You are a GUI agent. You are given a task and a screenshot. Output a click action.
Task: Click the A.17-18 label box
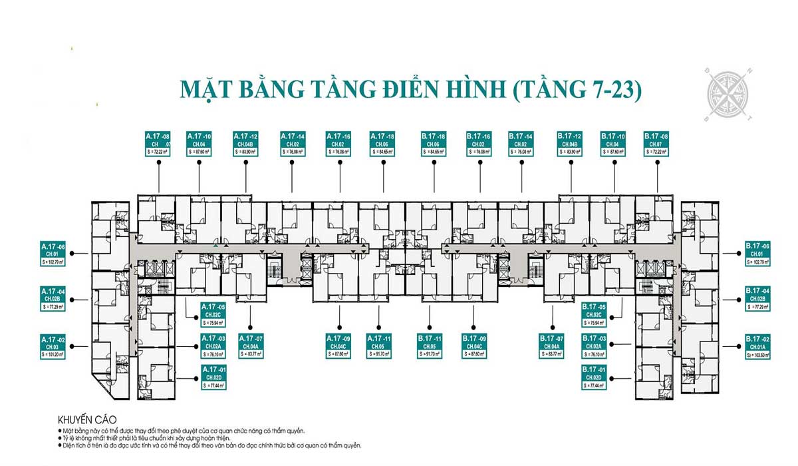coord(382,144)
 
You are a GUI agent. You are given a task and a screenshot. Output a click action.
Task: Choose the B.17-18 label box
coord(434,144)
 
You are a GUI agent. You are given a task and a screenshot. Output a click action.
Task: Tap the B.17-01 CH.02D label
coord(595,377)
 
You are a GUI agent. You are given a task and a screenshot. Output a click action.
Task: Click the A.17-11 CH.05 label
coord(378,347)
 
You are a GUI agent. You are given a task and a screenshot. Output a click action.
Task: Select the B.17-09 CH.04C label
coord(475,347)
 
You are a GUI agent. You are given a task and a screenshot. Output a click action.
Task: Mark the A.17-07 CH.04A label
coord(250,347)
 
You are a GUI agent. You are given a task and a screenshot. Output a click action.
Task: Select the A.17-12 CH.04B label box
coord(245,144)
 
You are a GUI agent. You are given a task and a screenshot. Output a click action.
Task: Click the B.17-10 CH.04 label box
coord(612,144)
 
